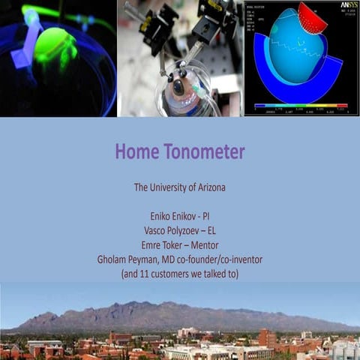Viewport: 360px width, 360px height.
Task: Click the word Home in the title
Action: [x=137, y=152]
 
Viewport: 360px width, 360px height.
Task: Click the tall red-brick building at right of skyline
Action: [x=266, y=338]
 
